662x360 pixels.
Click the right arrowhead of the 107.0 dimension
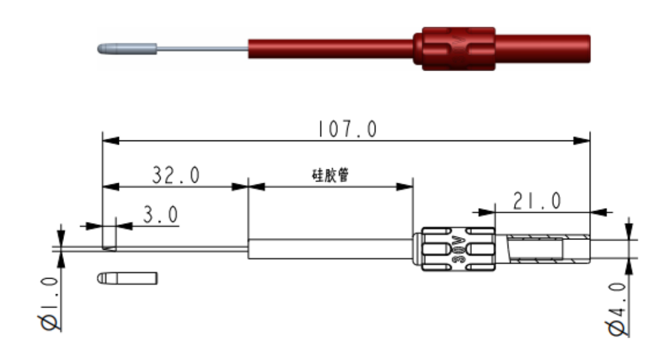pyautogui.click(x=582, y=141)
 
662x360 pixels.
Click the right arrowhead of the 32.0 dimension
pyautogui.click(x=241, y=187)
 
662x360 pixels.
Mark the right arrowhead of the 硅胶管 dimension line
pyautogui.click(x=405, y=187)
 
